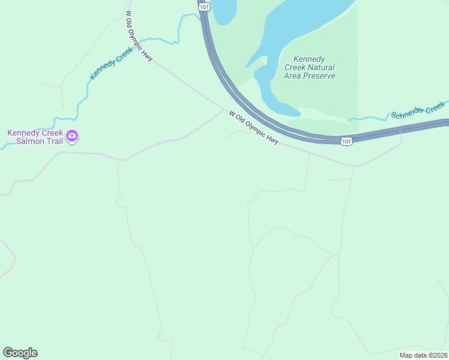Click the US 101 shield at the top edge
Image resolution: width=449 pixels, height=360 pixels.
tap(205, 6)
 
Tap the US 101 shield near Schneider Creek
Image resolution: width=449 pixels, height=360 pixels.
tap(346, 140)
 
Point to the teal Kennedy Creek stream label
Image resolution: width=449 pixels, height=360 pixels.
tap(110, 64)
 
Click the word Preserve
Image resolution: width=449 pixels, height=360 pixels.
tap(319, 76)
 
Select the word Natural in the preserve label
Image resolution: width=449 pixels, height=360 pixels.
tap(322, 68)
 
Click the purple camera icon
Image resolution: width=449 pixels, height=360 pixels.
tap(73, 137)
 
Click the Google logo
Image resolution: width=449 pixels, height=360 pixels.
tap(20, 353)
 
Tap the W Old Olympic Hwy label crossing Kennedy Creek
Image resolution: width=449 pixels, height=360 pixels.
tap(139, 36)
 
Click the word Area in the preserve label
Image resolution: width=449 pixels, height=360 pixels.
tap(294, 76)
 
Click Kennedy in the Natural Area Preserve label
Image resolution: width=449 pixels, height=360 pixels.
tap(309, 59)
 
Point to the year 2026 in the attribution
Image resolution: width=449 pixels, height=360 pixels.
tap(437, 355)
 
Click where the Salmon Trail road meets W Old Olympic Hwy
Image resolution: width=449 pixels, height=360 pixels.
tap(223, 109)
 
